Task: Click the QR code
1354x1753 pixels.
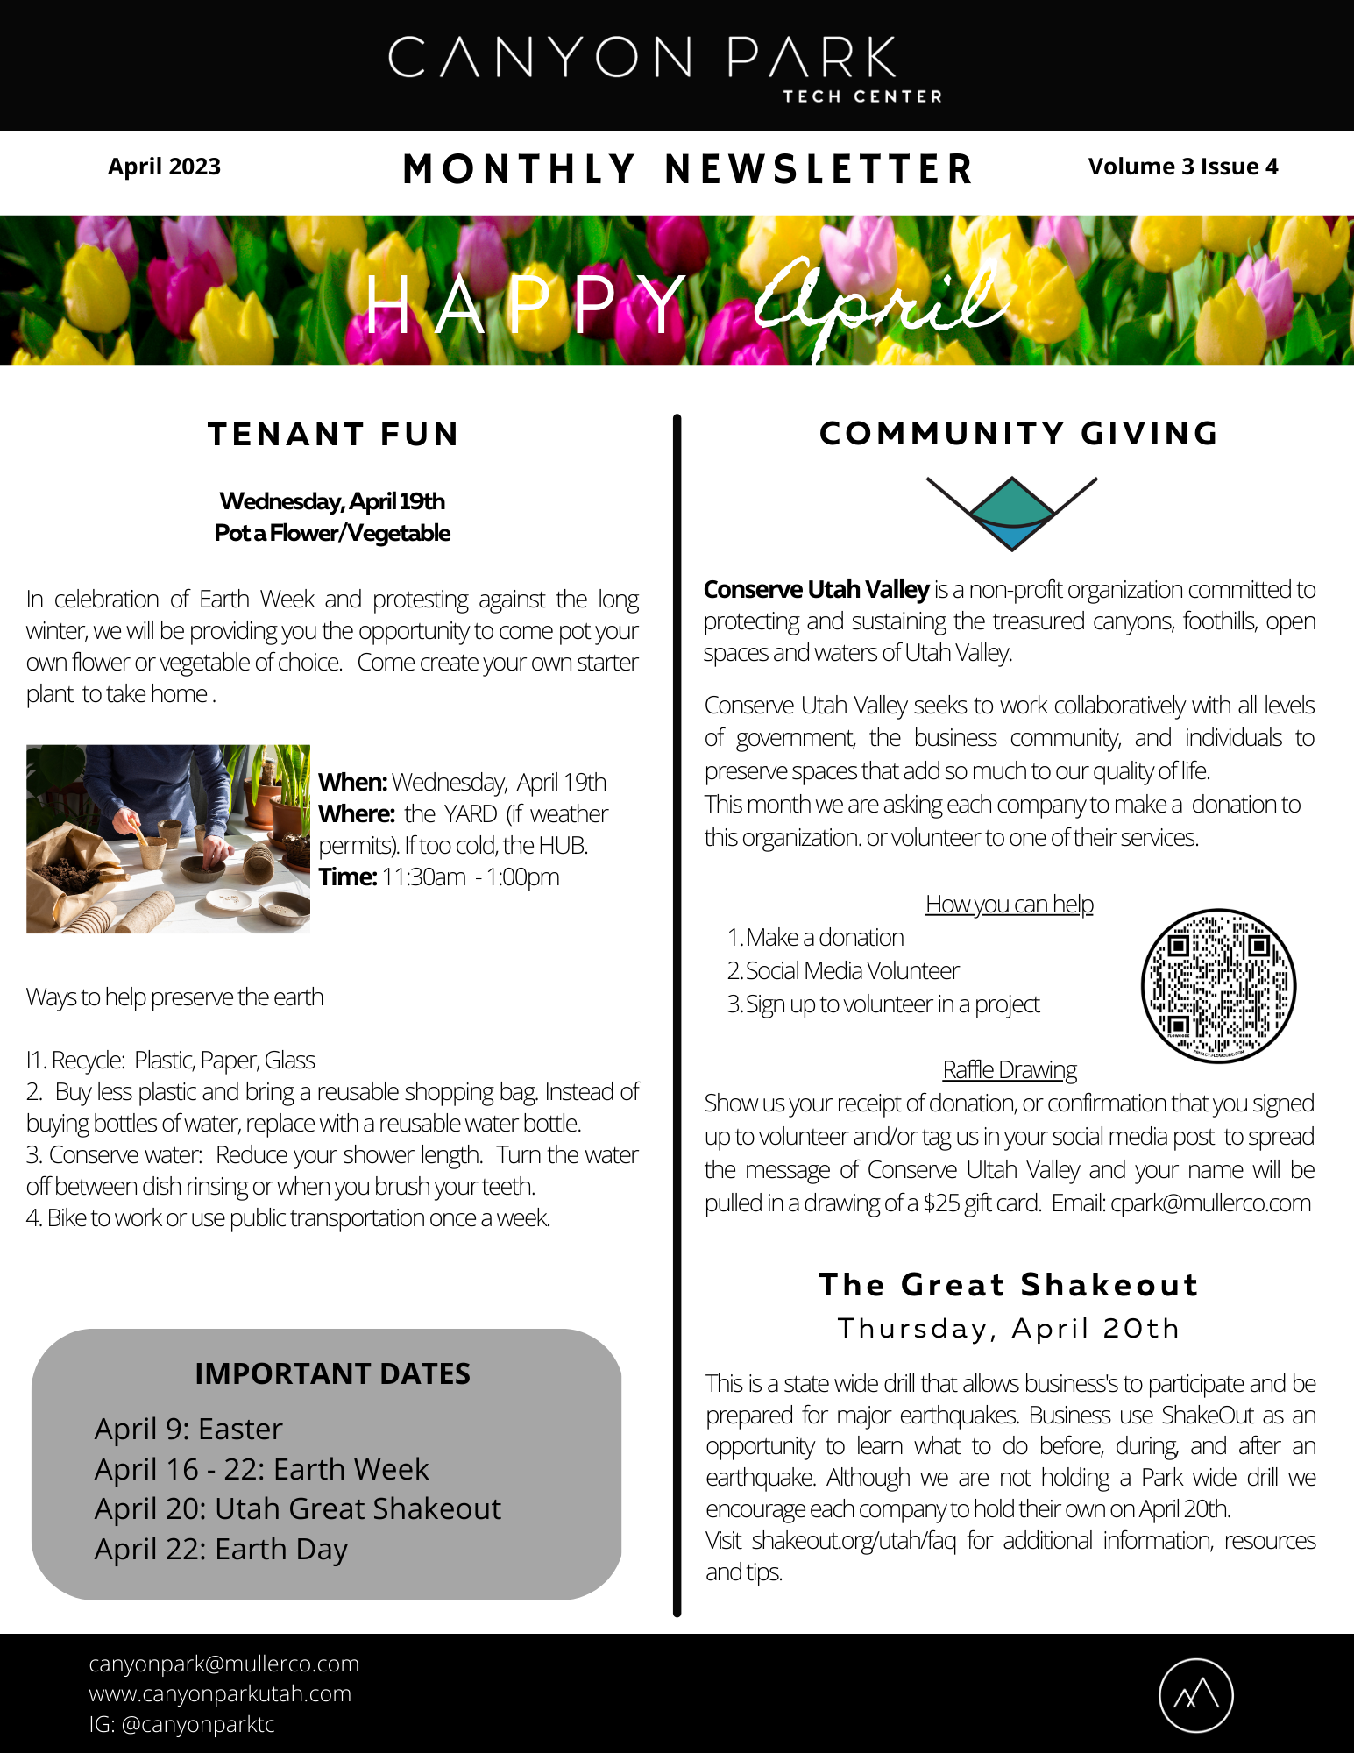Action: [1218, 985]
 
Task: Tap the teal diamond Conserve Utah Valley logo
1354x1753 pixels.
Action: [1011, 513]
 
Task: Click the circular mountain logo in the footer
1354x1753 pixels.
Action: [1195, 1695]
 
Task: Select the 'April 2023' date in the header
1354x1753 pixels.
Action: [164, 167]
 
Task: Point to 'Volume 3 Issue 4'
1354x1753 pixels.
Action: [1182, 167]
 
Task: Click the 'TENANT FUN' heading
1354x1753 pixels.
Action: [333, 435]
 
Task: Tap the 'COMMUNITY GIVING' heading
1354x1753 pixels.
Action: [1018, 434]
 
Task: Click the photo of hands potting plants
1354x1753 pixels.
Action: [168, 839]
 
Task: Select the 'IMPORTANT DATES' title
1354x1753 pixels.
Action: [332, 1373]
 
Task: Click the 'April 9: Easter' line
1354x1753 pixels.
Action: [188, 1429]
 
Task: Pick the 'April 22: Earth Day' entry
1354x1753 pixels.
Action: [221, 1549]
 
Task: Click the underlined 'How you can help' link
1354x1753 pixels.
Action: [1009, 904]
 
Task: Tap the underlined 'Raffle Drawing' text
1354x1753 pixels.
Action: [1010, 1069]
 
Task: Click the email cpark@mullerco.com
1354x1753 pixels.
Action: [1210, 1203]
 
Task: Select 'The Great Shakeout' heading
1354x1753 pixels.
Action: [1008, 1284]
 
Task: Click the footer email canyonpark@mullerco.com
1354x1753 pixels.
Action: [223, 1664]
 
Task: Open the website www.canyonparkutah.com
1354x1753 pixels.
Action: [220, 1693]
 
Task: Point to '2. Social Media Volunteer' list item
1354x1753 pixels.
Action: [843, 970]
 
